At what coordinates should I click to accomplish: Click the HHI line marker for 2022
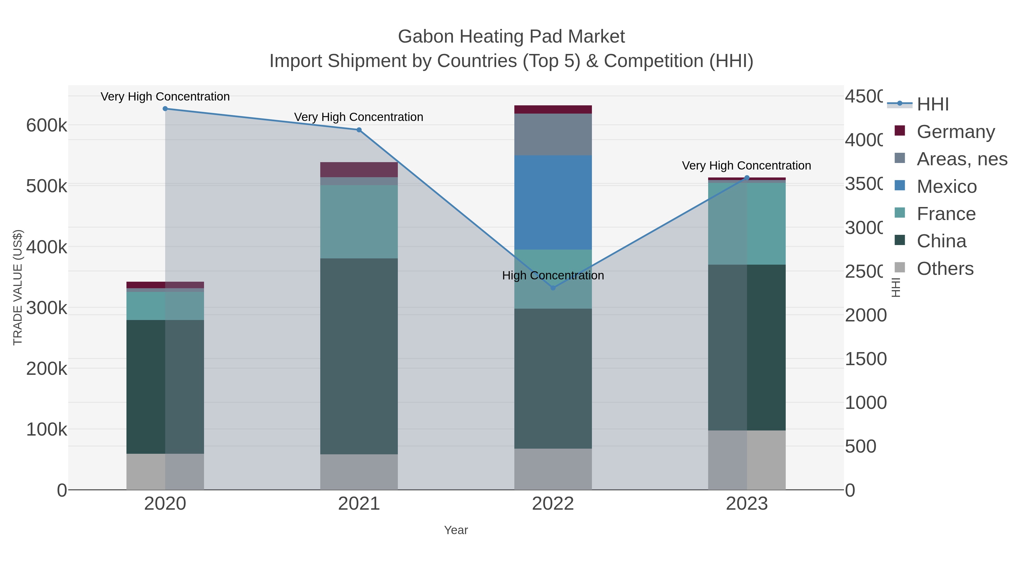pyautogui.click(x=553, y=288)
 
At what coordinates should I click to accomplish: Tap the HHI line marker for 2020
pyautogui.click(x=165, y=109)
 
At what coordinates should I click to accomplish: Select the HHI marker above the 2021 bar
pyautogui.click(x=359, y=130)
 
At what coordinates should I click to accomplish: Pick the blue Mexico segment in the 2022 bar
pyautogui.click(x=553, y=202)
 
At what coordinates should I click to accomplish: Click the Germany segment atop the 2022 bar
pyautogui.click(x=553, y=110)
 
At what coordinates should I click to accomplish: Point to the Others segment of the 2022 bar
pyautogui.click(x=553, y=469)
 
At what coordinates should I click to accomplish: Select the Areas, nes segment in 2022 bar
pyautogui.click(x=553, y=135)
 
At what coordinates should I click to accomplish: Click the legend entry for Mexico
pyautogui.click(x=946, y=187)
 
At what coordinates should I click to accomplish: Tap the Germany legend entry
pyautogui.click(x=955, y=132)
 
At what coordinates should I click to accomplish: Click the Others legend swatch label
pyautogui.click(x=945, y=269)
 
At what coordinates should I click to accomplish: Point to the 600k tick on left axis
pyautogui.click(x=47, y=126)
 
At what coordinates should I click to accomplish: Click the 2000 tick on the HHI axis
pyautogui.click(x=865, y=315)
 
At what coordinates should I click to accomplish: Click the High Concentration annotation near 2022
pyautogui.click(x=553, y=275)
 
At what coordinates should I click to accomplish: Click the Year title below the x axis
pyautogui.click(x=456, y=530)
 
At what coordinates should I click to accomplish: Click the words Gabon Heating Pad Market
pyautogui.click(x=511, y=37)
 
